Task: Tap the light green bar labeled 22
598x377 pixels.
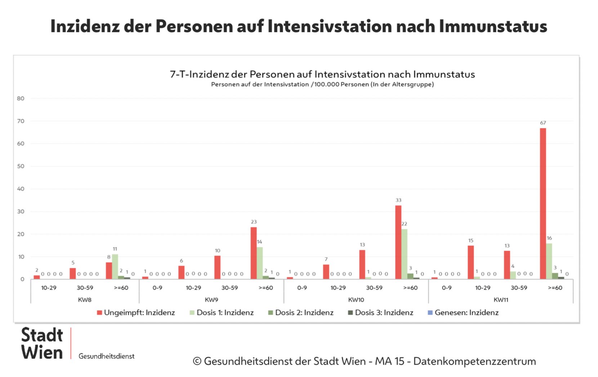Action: coord(404,254)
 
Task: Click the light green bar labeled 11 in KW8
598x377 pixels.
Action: coord(115,267)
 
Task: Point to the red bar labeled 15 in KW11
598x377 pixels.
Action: coord(470,262)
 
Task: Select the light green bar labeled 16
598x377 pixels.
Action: coord(549,261)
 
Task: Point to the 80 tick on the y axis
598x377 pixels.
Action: coord(21,98)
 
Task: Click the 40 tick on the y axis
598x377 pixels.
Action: coord(21,189)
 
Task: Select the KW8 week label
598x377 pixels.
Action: coord(85,300)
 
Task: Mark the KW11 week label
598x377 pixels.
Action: coord(501,300)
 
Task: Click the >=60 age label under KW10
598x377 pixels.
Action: coord(410,288)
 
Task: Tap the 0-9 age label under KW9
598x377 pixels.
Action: coord(157,288)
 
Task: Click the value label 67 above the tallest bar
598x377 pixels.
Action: coord(543,123)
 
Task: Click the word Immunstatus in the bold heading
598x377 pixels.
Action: coord(493,26)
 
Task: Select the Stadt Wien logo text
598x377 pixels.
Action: coord(42,343)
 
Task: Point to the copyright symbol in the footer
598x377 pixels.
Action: coord(197,361)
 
